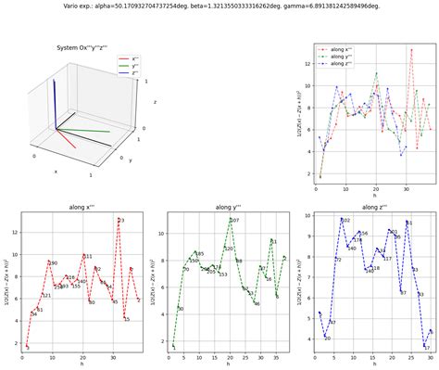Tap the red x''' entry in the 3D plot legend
129,58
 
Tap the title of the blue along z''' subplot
374,207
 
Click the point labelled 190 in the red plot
48,262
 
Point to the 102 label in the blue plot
345,221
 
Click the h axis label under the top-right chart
374,195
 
